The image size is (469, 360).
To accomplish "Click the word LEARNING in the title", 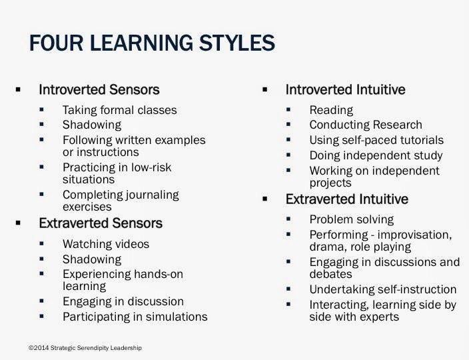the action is pos(141,43).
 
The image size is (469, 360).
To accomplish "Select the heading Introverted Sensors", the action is pos(99,89).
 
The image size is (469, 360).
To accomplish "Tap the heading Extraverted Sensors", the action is pos(101,223).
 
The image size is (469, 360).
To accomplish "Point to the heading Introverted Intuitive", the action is pos(346,89).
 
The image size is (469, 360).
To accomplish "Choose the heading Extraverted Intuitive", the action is pos(347,199).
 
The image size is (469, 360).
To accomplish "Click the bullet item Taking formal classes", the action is pos(120,110).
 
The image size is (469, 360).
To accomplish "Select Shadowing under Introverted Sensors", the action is pos(92,125).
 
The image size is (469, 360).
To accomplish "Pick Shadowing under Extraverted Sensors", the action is pos(92,259).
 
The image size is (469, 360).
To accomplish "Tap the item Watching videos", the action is pos(106,244).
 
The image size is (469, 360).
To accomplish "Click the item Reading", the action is pos(331,110).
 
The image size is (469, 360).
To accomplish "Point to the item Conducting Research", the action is pos(366,125).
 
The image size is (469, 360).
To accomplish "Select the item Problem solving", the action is pos(352,219).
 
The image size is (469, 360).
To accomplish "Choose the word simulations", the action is pos(177,317).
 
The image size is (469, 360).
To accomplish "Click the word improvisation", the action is pos(415,235).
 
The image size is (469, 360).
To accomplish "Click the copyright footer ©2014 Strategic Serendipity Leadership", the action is pos(85,348).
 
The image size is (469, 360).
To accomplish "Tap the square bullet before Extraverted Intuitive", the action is pos(264,199).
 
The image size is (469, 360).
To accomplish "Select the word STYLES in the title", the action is pos(237,43).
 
